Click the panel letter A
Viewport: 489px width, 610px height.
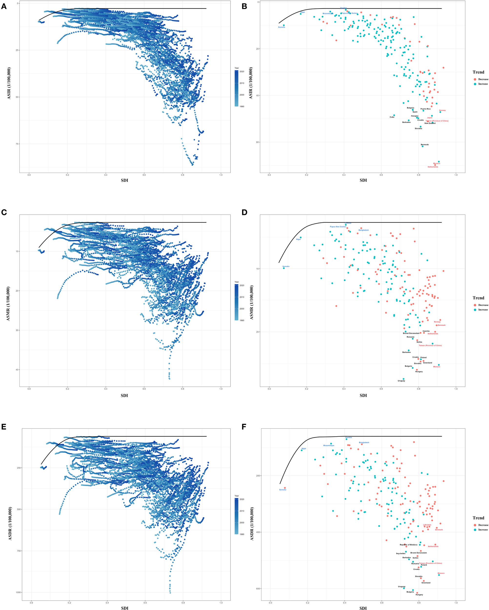(4, 6)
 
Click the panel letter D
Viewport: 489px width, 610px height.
(244, 212)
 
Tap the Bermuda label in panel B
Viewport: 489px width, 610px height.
(425, 145)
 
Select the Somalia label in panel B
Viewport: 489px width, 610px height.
(281, 27)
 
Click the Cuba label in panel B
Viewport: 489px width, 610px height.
(392, 117)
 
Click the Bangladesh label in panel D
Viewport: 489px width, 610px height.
(363, 230)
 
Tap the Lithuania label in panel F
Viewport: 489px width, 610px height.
(427, 525)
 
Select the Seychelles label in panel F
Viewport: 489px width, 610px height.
(400, 553)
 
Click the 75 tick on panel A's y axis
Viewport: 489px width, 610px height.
(18, 144)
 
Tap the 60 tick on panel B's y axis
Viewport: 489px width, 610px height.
(258, 142)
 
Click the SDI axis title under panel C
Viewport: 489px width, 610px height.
(124, 396)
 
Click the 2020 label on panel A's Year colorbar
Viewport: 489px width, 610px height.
(242, 71)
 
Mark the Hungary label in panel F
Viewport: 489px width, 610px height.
(419, 595)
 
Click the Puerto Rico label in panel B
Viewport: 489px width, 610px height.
(425, 109)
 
